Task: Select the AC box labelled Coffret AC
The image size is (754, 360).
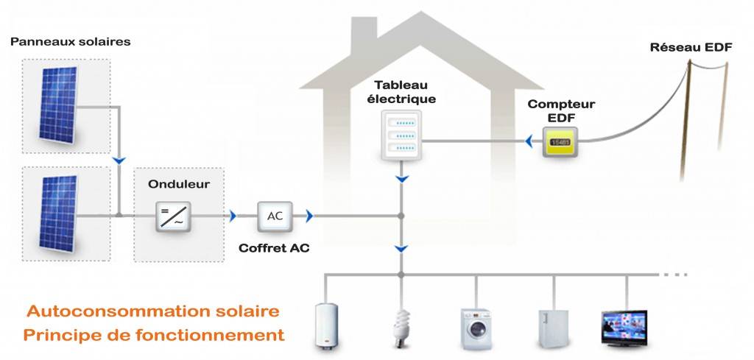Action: pos(275,216)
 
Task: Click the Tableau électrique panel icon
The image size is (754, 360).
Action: pos(401,135)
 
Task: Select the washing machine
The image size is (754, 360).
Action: pos(476,327)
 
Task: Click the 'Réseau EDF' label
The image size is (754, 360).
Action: pos(691,49)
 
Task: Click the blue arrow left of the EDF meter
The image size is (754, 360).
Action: pos(529,140)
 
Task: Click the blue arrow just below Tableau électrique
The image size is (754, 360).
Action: pos(401,179)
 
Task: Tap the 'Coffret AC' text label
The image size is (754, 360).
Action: pos(274,248)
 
